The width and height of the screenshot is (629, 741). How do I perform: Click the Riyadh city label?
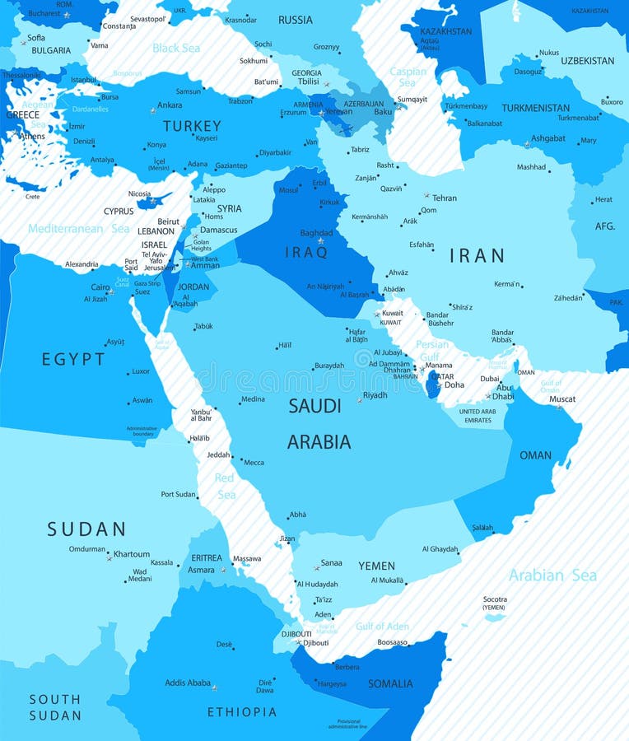point(375,395)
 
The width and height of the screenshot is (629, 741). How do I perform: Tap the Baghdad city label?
point(316,233)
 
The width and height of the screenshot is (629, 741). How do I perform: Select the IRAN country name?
point(477,255)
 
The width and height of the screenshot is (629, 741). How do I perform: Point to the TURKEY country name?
point(192,126)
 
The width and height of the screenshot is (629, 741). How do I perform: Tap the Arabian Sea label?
point(552,576)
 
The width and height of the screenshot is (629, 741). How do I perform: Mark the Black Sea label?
point(175,48)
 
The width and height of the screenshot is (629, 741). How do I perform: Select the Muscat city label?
point(562,399)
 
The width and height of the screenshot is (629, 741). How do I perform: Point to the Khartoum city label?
point(132,554)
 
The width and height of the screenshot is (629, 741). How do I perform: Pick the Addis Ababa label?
point(188,683)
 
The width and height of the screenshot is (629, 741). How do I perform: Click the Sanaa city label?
point(331,563)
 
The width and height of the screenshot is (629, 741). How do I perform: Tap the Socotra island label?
point(494,599)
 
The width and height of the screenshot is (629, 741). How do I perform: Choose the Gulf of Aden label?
point(382,627)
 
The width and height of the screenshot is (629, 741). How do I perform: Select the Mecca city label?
point(254,462)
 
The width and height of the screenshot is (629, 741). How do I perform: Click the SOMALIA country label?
point(390,683)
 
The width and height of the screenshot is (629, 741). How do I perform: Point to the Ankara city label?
point(170,105)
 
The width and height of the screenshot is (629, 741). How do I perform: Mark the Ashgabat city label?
point(547,138)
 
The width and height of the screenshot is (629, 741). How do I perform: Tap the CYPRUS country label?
point(119,211)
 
